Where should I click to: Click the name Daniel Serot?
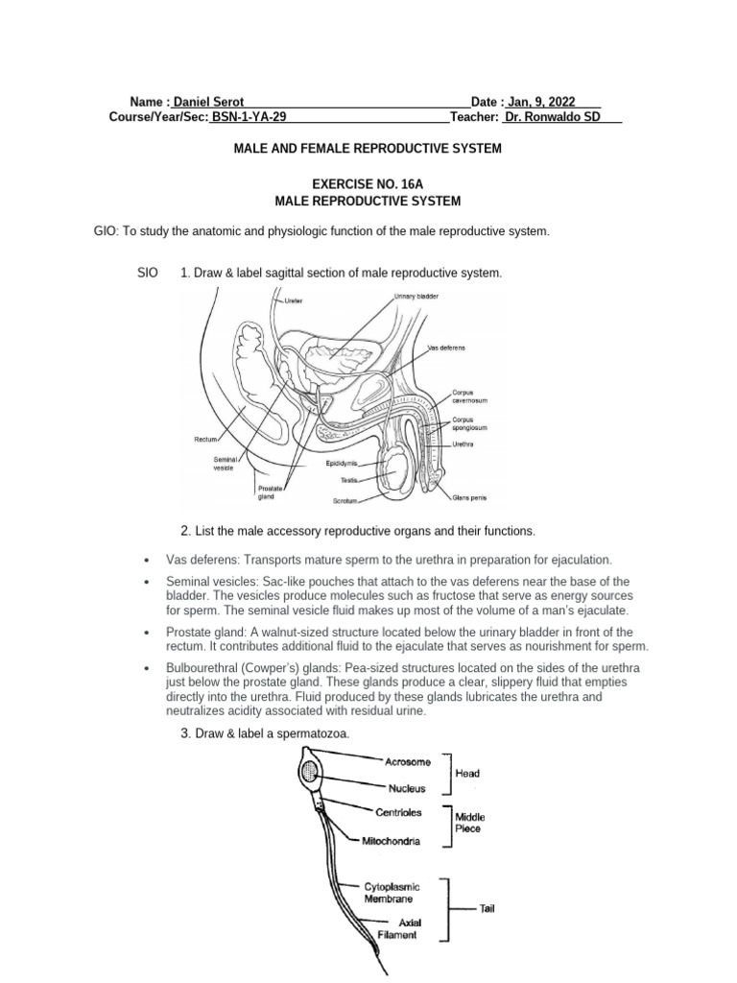click(208, 102)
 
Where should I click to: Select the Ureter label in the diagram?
click(294, 300)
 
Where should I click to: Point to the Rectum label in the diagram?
click(207, 439)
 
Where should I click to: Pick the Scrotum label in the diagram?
click(345, 501)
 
